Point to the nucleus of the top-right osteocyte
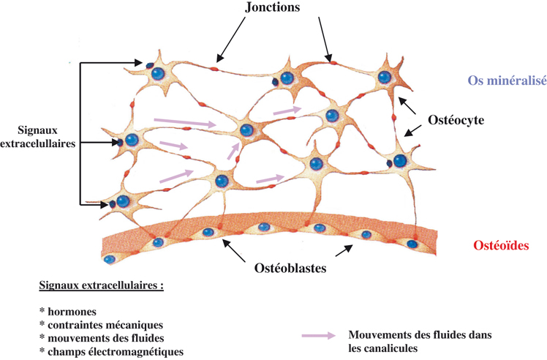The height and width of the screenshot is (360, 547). coord(385,78)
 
